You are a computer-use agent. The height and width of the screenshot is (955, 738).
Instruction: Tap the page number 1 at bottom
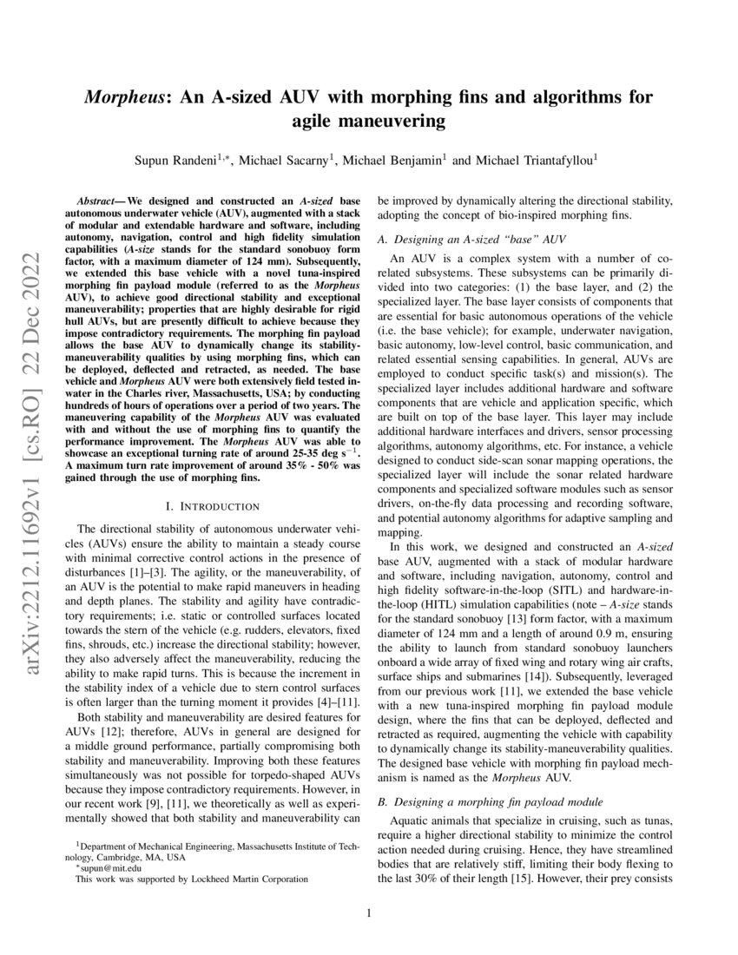coord(369,912)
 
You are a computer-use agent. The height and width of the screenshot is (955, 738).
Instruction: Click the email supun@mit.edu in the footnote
coord(108,867)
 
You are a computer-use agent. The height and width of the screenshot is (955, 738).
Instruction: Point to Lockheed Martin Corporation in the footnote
coord(254,879)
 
